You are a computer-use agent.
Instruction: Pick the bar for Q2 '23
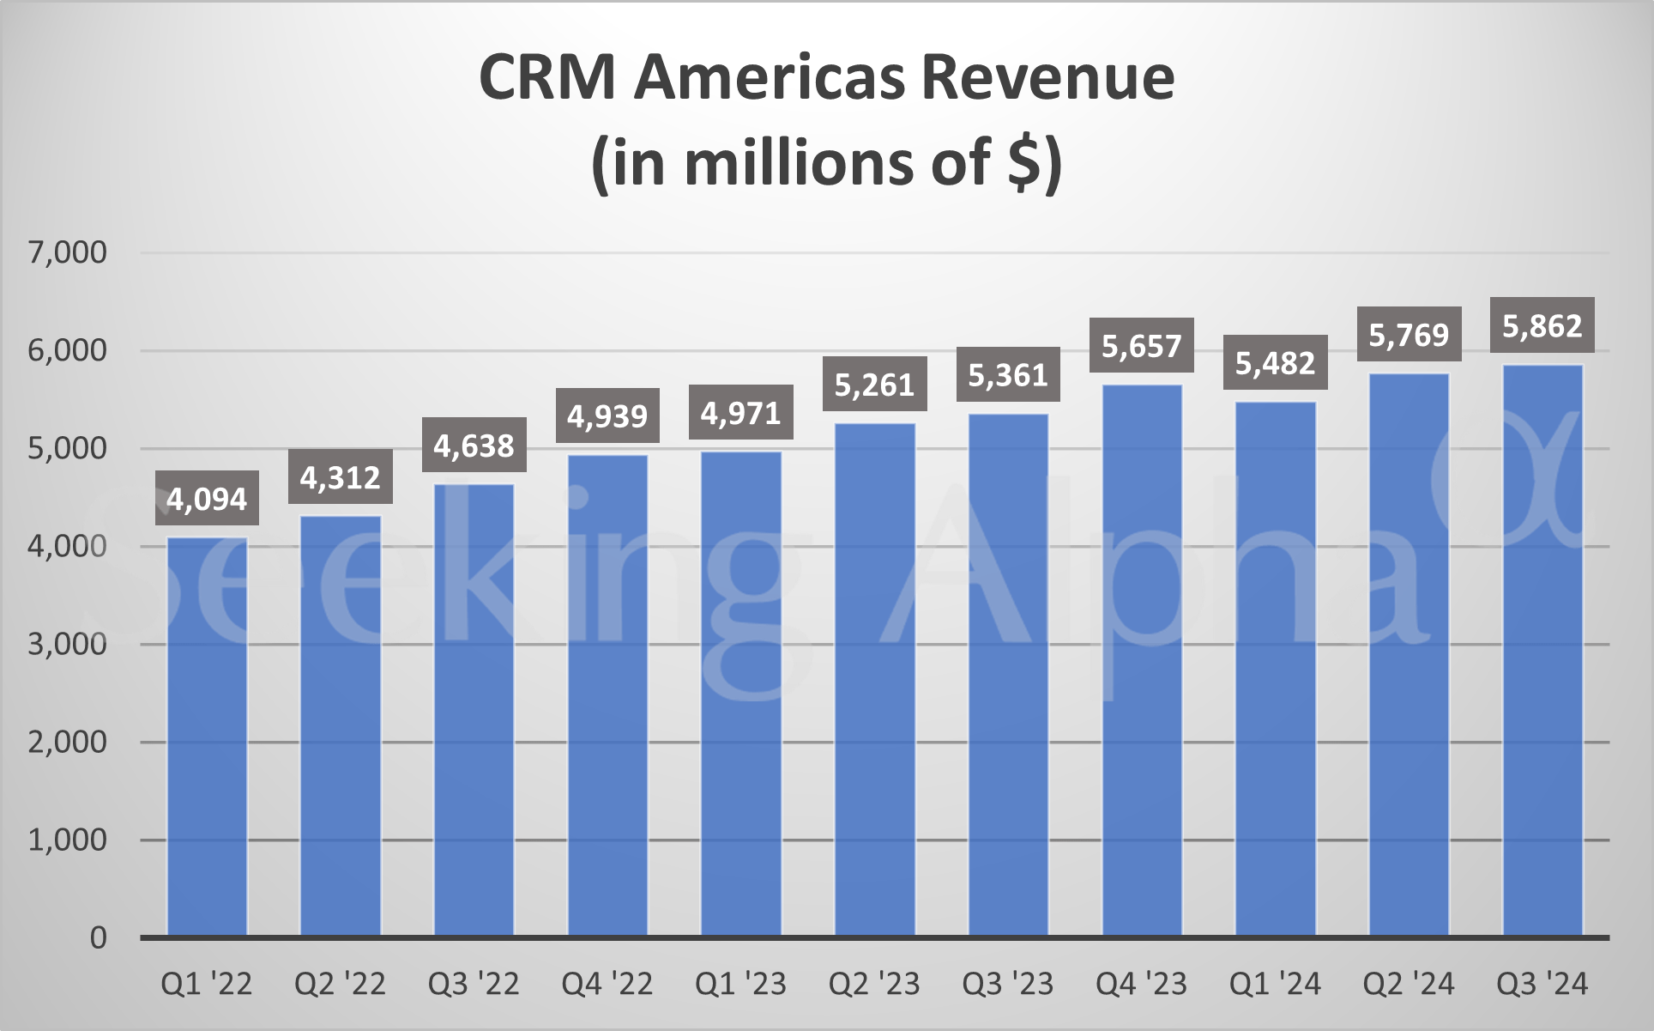874,679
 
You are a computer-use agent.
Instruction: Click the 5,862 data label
1542,325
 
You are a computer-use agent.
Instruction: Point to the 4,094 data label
207,498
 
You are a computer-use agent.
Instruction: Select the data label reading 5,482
1275,363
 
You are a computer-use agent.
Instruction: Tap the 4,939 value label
607,415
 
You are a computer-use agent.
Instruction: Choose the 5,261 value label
874,385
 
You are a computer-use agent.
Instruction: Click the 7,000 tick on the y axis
68,252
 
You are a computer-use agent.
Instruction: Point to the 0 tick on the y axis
99,937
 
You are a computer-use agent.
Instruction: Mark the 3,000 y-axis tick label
68,644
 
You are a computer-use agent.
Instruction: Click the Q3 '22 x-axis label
474,984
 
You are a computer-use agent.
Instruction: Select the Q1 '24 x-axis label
1275,984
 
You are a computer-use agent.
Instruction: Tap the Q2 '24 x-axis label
1409,984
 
